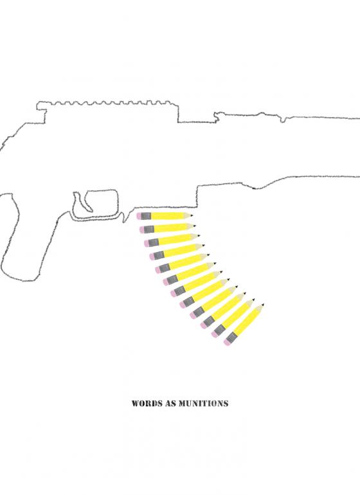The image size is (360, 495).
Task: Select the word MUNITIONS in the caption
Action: pyautogui.click(x=204, y=404)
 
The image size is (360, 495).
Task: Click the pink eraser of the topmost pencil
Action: pyautogui.click(x=139, y=216)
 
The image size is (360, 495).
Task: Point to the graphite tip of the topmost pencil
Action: pyautogui.click(x=192, y=215)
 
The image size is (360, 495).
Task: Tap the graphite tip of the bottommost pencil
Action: pyautogui.click(x=262, y=305)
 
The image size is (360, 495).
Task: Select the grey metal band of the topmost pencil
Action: pyautogui.click(x=146, y=216)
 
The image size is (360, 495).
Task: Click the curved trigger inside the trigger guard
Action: pyautogui.click(x=80, y=201)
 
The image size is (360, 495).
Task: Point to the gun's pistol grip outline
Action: pyautogui.click(x=19, y=237)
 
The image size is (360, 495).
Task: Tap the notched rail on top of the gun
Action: pyautogui.click(x=107, y=104)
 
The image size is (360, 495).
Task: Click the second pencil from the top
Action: pyautogui.click(x=167, y=228)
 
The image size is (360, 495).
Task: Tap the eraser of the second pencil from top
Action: pyautogui.click(x=142, y=230)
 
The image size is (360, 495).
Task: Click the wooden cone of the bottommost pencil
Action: pyautogui.click(x=258, y=309)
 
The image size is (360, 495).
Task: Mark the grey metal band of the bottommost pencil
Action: pyautogui.click(x=232, y=337)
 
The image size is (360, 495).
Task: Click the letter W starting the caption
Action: pyautogui.click(x=136, y=404)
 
